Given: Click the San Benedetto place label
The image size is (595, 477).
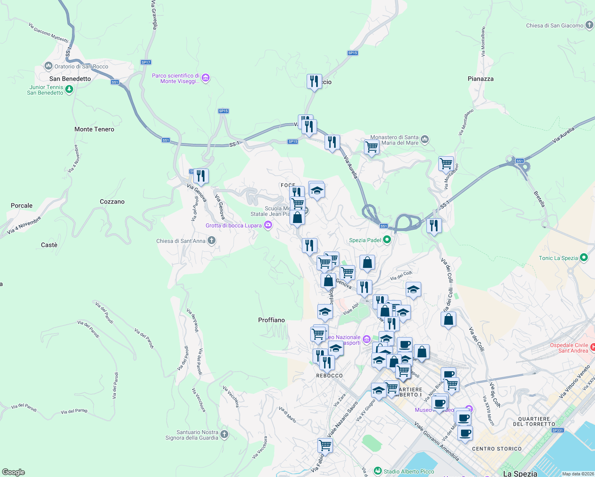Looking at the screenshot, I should [x=70, y=79].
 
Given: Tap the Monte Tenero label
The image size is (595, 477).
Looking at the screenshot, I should [x=94, y=129].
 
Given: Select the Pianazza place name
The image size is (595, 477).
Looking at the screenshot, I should [x=480, y=79].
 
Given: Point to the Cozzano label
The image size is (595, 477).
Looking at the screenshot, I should [x=112, y=202].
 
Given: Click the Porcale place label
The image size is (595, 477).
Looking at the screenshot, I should [x=21, y=206].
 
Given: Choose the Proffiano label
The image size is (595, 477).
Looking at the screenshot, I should [x=271, y=320].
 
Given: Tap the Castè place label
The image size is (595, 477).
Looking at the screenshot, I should [x=49, y=245].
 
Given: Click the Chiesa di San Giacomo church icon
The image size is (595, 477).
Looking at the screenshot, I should [x=589, y=25].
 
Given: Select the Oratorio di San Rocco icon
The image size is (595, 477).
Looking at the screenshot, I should [x=49, y=66].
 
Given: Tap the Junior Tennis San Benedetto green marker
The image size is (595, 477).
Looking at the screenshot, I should [x=69, y=89].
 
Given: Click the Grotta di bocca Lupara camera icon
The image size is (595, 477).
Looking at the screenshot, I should [x=268, y=225].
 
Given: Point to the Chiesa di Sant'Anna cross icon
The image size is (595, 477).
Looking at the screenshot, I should [x=212, y=240].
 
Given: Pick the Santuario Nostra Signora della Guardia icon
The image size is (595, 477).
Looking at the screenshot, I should [x=224, y=434].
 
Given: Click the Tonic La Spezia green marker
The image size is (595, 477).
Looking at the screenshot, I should [x=584, y=258].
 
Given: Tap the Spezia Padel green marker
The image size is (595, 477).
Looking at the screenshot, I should [x=387, y=240].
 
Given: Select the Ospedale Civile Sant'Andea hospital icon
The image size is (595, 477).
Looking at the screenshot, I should [x=593, y=347].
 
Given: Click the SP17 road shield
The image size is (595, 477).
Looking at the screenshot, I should [x=146, y=62].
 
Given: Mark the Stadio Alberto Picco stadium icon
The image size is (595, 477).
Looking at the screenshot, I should [x=378, y=471].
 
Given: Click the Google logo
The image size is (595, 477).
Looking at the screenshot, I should [x=14, y=472].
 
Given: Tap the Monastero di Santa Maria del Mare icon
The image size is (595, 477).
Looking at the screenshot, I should [x=425, y=139].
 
